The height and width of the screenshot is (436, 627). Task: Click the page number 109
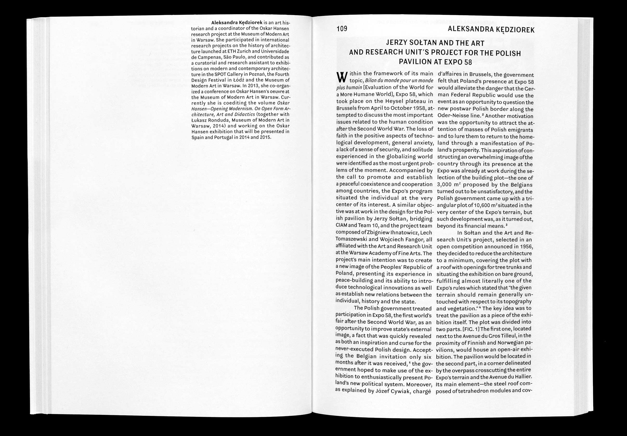point(342,29)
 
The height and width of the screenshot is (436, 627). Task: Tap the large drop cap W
point(340,77)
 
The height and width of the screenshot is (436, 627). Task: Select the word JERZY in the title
point(397,43)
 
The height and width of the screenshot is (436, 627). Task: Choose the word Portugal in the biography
point(221,137)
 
